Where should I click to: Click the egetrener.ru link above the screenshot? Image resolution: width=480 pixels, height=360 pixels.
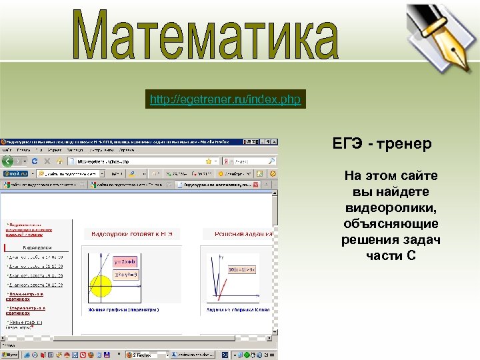(225, 100)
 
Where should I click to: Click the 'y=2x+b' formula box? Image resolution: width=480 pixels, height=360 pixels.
(125, 261)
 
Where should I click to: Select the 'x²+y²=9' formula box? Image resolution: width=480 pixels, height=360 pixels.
(127, 274)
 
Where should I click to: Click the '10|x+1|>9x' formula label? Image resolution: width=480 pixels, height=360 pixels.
(242, 269)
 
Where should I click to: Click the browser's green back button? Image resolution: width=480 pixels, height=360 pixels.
(8, 161)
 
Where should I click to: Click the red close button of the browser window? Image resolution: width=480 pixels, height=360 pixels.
(273, 142)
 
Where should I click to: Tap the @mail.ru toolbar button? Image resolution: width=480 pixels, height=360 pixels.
(16, 173)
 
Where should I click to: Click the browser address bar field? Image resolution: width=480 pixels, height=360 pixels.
(140, 161)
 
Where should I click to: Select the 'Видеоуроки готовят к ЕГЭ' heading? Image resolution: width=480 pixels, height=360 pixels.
(131, 234)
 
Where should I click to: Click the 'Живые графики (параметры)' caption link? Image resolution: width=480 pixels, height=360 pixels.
(124, 310)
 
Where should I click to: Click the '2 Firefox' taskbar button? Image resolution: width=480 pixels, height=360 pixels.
(144, 355)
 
